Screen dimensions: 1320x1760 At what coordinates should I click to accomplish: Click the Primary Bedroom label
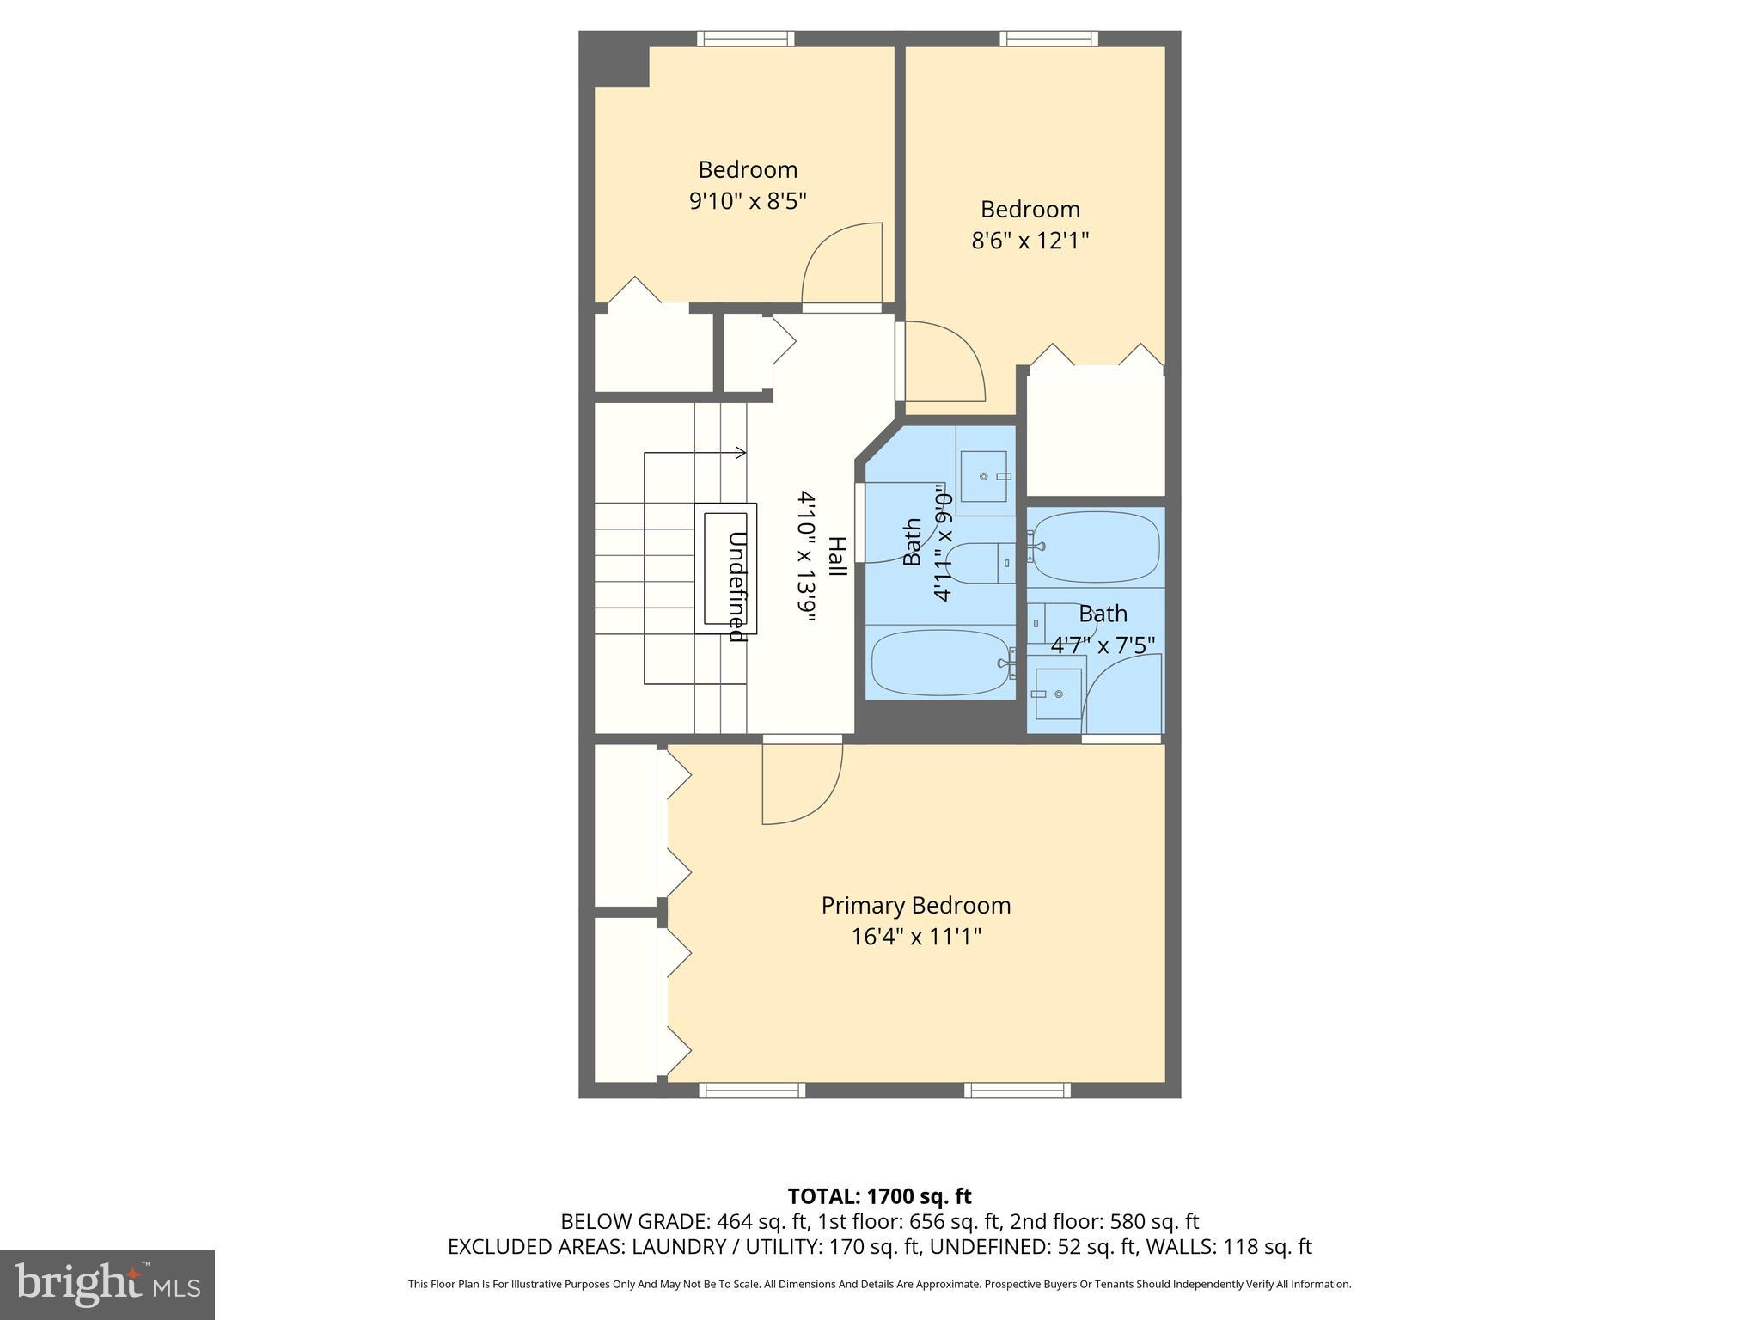coord(915,906)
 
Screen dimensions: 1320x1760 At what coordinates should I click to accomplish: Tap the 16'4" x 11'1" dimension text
coord(915,937)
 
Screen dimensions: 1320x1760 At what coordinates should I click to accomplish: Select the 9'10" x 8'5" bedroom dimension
coord(748,201)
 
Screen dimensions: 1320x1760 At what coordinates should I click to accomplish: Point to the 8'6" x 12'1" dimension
coord(1030,241)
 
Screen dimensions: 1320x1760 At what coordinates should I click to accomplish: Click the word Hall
coord(836,557)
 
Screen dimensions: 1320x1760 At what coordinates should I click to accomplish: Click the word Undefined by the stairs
coord(736,587)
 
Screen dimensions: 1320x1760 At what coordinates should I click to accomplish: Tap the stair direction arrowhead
coord(740,452)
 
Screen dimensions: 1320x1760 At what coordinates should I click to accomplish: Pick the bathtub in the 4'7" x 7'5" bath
coord(1095,547)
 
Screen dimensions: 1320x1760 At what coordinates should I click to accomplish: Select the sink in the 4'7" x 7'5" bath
coord(1057,694)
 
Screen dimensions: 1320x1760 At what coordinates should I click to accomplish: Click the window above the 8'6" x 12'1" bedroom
coord(1048,39)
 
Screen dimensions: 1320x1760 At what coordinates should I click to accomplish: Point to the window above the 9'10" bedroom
coord(745,39)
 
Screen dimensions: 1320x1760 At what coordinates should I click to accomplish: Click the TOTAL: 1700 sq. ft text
coord(879,1196)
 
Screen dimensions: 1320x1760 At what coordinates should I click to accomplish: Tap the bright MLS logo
coord(107,1284)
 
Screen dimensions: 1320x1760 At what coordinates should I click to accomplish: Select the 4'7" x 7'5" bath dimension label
coord(1103,645)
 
